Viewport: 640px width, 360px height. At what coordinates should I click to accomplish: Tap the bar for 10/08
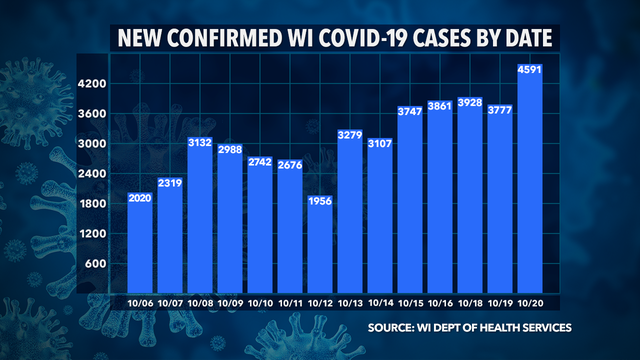199,225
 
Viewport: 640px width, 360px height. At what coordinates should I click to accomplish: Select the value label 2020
139,200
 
